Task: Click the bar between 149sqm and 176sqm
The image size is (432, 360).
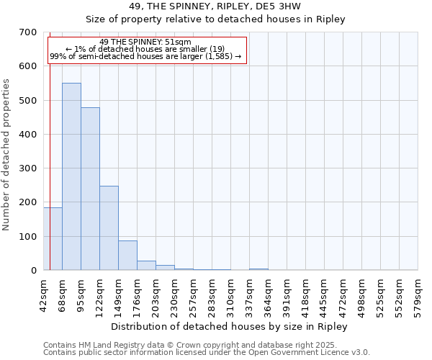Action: click(127, 256)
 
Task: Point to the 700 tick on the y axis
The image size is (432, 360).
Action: click(28, 32)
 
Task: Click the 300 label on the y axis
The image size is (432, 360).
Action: click(28, 168)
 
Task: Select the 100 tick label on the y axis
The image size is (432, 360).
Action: click(28, 237)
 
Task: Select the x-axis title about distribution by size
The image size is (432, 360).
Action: click(230, 327)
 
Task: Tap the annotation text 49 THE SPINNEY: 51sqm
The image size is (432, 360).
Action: click(145, 42)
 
